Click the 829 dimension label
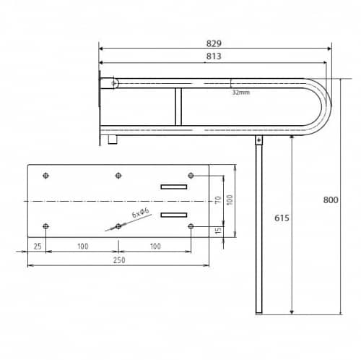(x=214, y=43)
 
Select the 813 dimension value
(x=214, y=56)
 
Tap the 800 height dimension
(x=331, y=200)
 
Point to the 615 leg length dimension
(x=282, y=218)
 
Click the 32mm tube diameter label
(x=241, y=93)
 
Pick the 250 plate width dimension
(x=119, y=260)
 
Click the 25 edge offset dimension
(x=38, y=247)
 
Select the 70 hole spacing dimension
(x=218, y=200)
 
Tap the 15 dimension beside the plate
(x=218, y=231)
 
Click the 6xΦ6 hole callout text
(x=141, y=213)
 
